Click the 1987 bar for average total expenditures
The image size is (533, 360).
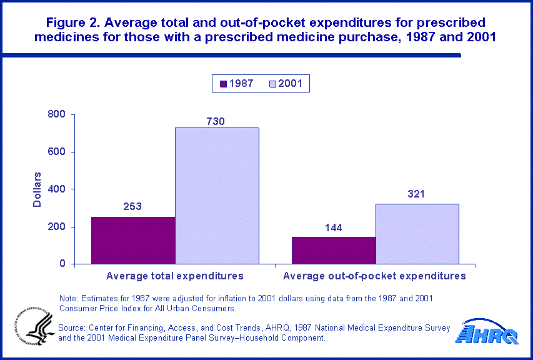tap(133, 240)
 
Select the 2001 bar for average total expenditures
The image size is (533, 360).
tap(217, 196)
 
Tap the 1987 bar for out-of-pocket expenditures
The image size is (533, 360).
tap(334, 250)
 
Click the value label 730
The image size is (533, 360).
tap(216, 121)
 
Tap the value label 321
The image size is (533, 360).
tap(416, 194)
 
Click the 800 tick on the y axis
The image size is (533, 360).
tap(56, 115)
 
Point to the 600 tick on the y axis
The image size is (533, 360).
tap(56, 152)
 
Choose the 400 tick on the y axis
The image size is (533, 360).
tap(56, 189)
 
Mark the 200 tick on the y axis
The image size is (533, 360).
tap(56, 227)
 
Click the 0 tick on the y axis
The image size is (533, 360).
tap(62, 264)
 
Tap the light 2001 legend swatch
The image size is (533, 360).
tap(273, 84)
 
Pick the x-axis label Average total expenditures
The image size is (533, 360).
tap(175, 276)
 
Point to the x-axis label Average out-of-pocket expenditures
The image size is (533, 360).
tap(375, 276)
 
